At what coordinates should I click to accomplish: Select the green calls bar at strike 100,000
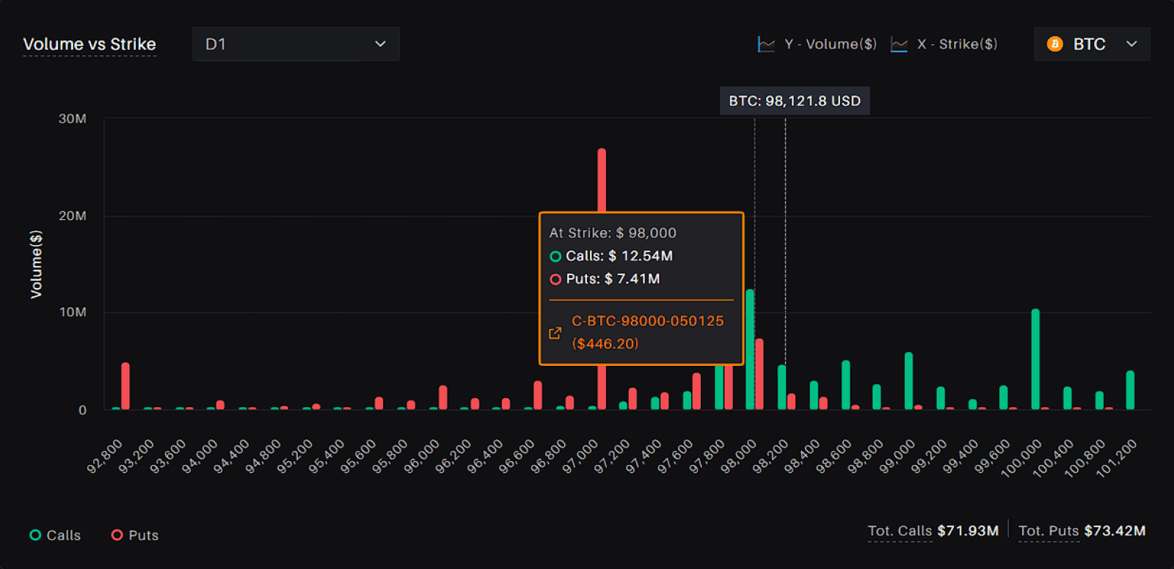coord(1035,359)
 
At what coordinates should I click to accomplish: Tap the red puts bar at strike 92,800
coord(125,386)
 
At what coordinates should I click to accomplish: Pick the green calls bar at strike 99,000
coord(909,381)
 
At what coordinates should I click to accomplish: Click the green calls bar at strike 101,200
coord(1131,390)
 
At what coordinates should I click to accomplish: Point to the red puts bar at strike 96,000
coord(443,397)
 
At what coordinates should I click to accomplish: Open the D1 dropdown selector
coord(296,44)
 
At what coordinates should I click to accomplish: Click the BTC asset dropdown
coord(1092,44)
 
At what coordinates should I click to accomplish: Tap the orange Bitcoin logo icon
coord(1054,44)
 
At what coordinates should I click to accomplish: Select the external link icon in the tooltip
coord(555,333)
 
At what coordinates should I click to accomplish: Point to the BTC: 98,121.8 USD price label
coord(795,100)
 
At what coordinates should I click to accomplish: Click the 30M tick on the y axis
coord(73,119)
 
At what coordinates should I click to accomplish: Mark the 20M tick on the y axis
coord(73,216)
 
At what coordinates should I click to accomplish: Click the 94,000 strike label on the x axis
coord(200,456)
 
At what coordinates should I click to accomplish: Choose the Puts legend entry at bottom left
coord(135,535)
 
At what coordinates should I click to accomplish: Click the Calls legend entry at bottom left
coord(56,535)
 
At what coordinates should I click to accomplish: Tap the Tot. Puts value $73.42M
coord(1115,531)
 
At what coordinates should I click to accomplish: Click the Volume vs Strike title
coord(90,44)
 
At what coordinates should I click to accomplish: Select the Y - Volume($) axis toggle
coord(817,44)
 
